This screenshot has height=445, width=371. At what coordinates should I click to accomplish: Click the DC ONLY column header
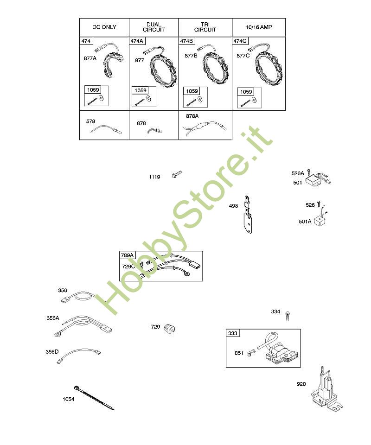(104, 27)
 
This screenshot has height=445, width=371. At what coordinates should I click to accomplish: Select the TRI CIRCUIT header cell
(205, 27)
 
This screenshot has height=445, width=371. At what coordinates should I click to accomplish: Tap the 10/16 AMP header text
(259, 27)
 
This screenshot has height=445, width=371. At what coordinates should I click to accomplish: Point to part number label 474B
(187, 41)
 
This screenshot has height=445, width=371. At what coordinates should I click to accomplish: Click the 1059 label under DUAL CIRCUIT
(141, 90)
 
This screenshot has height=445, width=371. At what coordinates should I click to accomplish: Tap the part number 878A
(192, 116)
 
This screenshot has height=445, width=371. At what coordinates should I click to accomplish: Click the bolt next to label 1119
(177, 174)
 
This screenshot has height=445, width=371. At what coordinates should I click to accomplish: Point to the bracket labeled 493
(248, 214)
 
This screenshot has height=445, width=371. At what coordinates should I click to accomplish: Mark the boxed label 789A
(127, 255)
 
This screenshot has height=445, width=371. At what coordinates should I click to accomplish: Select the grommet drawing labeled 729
(170, 328)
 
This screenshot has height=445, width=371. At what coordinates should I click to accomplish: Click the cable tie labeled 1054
(94, 398)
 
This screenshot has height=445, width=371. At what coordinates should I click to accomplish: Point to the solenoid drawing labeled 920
(326, 389)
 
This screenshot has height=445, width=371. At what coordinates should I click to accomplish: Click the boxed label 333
(233, 333)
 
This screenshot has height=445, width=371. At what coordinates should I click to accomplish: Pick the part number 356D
(52, 352)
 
